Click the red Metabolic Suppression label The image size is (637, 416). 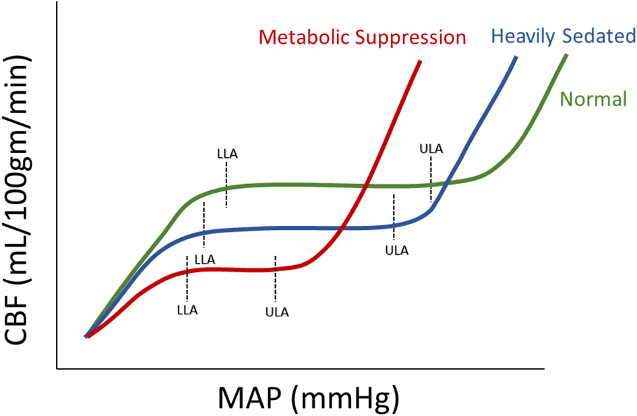pos(363,37)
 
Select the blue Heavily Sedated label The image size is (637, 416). pos(564,36)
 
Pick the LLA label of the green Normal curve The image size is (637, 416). pos(226,153)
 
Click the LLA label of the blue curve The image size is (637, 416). pos(204,259)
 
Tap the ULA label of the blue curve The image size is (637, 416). pos(396,251)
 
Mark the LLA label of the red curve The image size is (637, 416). pos(187,310)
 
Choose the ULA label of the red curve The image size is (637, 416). pos(277,311)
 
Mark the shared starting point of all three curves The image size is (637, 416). pos(86,335)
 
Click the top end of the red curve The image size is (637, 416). pos(420,61)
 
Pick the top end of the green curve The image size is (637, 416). pos(566,55)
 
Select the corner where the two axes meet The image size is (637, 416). pos(57,369)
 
